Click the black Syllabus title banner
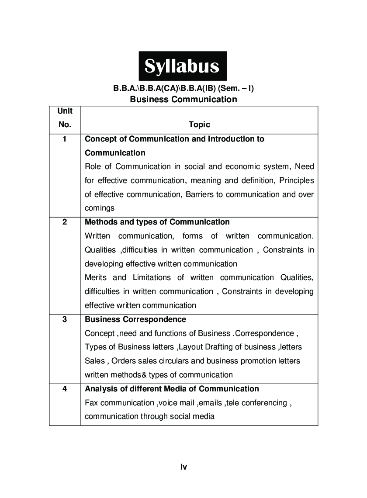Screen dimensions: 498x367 click(183, 66)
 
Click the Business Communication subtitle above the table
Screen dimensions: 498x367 click(183, 99)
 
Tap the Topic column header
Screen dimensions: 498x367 click(199, 125)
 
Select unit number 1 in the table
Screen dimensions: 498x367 click(65, 139)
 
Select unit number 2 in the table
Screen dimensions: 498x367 click(65, 222)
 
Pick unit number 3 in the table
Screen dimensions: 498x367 click(65, 319)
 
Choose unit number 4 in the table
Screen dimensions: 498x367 click(65, 389)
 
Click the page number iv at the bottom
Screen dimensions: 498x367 click(183, 467)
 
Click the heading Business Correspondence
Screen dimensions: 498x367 click(135, 319)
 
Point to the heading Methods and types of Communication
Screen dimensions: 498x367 click(157, 222)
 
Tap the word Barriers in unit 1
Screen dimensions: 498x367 click(199, 194)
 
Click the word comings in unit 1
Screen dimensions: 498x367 click(100, 208)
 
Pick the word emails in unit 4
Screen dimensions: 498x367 click(211, 403)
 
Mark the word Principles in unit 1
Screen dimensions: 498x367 click(297, 180)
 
